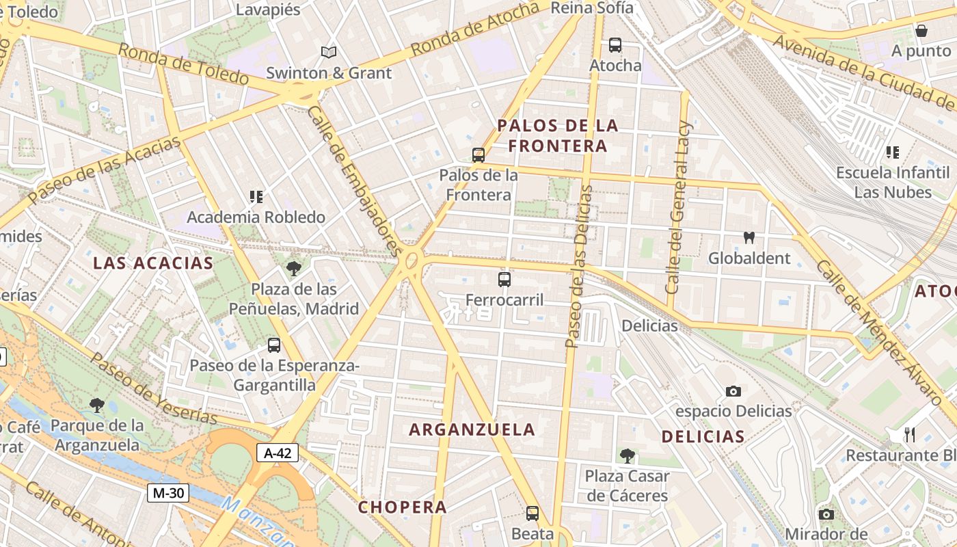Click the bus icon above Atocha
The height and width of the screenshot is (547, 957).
point(615,45)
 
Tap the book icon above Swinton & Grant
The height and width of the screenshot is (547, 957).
point(329,52)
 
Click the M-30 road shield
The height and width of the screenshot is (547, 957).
point(167,492)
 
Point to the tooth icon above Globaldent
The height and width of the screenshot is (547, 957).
point(749,238)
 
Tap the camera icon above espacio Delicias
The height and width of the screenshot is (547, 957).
point(733,391)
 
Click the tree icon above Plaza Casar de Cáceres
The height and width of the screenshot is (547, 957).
point(627,455)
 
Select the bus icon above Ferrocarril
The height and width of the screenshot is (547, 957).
point(504,279)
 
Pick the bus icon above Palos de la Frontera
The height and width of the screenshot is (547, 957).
point(478,155)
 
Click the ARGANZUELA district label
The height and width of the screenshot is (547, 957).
point(472,429)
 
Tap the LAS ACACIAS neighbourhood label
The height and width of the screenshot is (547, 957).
point(153,263)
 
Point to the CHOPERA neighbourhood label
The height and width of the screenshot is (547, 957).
point(403,507)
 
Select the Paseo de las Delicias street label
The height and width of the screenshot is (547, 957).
point(578,267)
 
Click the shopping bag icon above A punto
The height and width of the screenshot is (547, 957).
point(921,31)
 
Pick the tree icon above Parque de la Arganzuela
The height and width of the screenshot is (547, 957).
point(96,405)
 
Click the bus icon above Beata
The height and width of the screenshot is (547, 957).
point(533,513)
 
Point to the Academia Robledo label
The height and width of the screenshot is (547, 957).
point(256,217)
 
